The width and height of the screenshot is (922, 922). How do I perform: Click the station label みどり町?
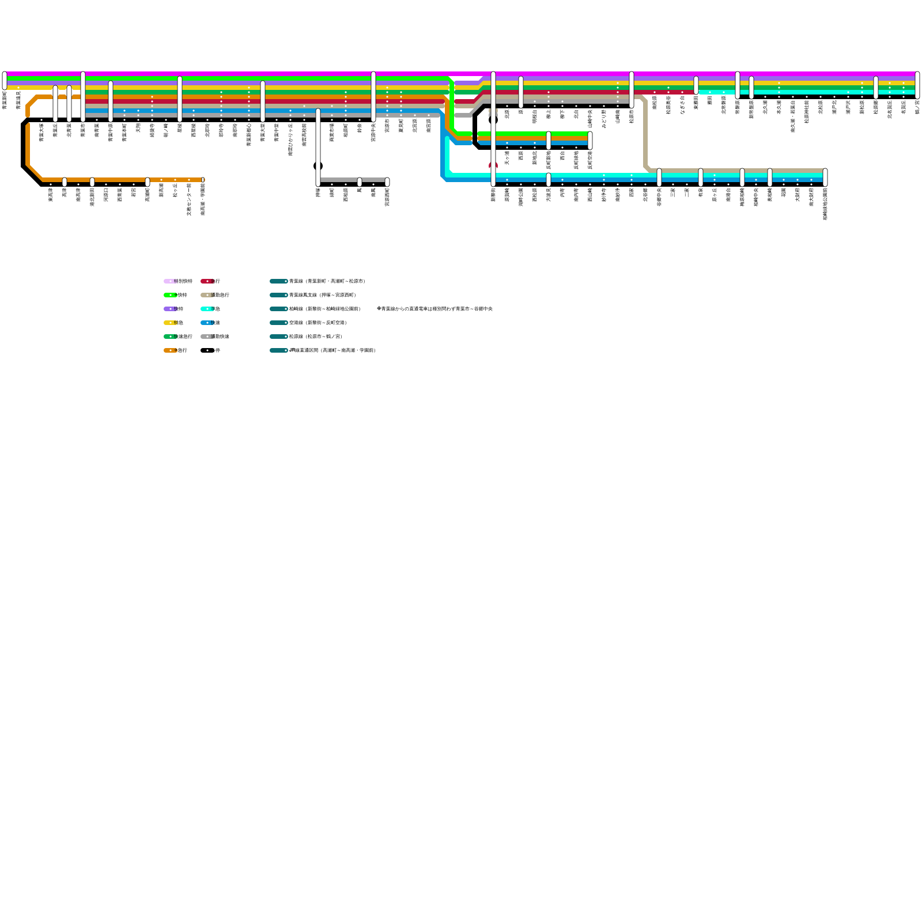[604, 118]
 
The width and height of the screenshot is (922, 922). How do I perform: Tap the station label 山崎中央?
[590, 119]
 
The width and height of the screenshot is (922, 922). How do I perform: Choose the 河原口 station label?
[106, 195]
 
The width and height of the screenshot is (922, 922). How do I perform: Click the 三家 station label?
[673, 191]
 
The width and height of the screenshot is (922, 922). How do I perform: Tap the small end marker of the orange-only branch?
[203, 180]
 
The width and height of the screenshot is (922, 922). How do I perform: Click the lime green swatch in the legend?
[169, 295]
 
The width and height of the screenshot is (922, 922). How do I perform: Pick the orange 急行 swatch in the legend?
[169, 350]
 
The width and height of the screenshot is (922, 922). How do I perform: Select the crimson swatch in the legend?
[206, 281]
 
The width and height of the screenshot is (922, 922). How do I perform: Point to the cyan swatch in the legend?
[206, 309]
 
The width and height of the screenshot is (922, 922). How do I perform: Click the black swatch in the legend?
[206, 350]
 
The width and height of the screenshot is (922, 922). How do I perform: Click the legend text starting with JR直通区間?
[332, 350]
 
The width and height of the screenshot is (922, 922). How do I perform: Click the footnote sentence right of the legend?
[434, 309]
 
